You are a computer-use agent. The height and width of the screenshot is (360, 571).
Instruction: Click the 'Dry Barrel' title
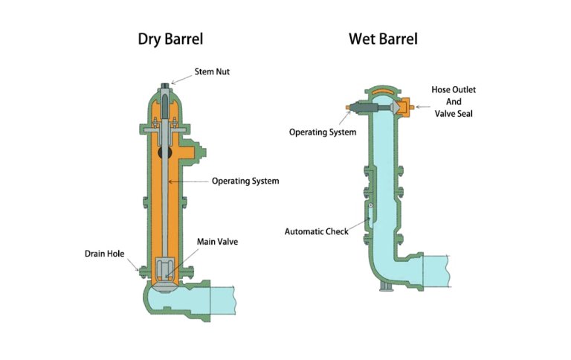170,39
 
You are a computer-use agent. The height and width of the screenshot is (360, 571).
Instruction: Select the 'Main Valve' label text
217,242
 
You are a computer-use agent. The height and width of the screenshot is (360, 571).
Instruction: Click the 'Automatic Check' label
317,231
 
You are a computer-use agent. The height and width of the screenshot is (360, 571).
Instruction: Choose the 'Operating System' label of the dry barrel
245,181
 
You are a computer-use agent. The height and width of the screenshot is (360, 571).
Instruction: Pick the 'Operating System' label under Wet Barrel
323,132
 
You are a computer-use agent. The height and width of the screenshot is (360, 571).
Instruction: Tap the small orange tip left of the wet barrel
348,108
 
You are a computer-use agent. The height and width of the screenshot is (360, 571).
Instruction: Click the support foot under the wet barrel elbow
384,286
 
